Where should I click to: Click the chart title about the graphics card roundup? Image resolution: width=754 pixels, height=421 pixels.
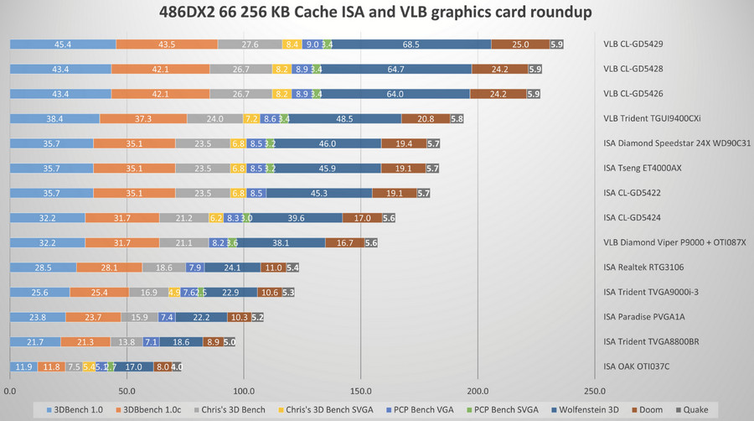(x=376, y=13)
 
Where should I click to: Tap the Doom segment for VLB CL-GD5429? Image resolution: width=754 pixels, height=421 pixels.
(x=520, y=44)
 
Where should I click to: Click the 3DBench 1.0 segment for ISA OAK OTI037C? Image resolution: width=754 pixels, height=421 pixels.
(x=24, y=366)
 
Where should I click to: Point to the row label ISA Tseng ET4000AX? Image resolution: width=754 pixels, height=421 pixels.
(x=643, y=169)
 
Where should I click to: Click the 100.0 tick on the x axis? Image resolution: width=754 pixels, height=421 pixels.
(x=244, y=390)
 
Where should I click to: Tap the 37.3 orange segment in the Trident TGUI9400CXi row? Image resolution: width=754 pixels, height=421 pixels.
(x=143, y=119)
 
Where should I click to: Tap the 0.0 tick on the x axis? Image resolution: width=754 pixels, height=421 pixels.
(x=11, y=390)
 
